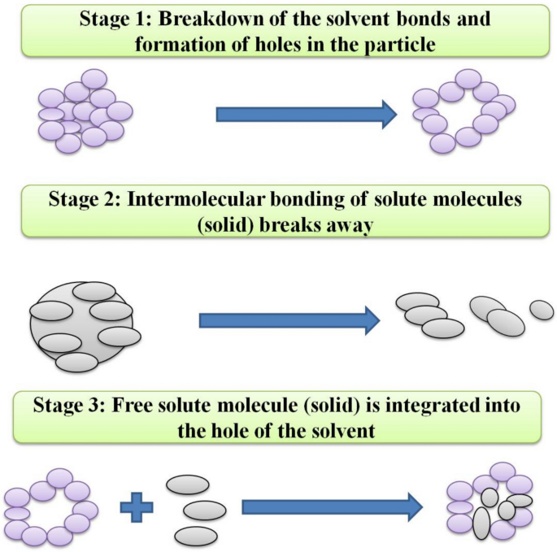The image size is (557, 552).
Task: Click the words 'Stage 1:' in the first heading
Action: (115, 17)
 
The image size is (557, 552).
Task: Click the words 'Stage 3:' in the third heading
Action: (67, 404)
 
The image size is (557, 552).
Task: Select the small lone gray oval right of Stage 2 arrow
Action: (542, 310)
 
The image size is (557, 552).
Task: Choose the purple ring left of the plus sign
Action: (49, 507)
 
